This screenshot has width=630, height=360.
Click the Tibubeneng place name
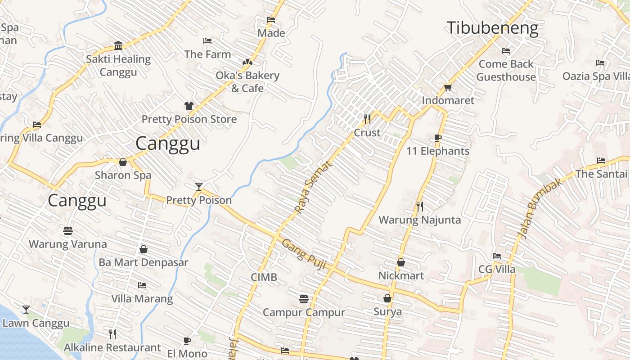(492, 28)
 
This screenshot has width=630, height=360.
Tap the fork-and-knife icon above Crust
(367, 119)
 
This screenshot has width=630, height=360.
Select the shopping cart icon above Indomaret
(448, 87)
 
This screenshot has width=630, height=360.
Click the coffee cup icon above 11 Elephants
(438, 138)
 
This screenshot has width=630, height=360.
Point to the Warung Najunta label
(419, 220)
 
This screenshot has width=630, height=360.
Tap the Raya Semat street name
(314, 187)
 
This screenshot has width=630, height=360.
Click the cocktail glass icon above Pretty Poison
(198, 186)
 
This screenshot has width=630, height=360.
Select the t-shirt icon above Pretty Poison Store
(189, 106)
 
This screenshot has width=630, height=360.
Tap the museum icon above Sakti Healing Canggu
(118, 45)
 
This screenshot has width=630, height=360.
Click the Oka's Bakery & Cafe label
(247, 81)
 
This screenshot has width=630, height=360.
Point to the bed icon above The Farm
(207, 41)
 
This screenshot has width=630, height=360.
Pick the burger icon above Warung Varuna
(68, 231)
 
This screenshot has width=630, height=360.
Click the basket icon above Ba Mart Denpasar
(144, 249)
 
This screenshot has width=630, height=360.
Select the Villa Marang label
(142, 298)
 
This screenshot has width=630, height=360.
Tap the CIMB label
(264, 277)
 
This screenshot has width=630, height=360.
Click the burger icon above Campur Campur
(304, 299)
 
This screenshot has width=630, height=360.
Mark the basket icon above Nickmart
(401, 262)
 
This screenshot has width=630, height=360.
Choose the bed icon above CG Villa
(497, 256)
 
